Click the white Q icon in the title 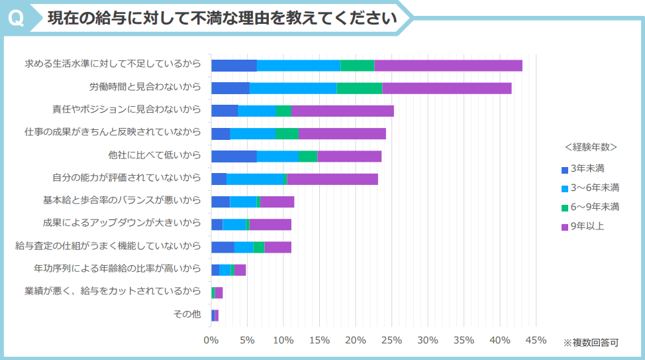click(17, 18)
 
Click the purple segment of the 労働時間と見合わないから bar click(447, 88)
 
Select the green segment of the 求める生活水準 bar click(358, 65)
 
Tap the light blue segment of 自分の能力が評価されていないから click(255, 179)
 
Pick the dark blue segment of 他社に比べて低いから click(234, 156)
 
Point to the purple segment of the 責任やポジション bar click(342, 111)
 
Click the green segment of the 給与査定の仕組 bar click(259, 247)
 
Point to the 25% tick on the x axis click(391, 340)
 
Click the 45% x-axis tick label click(536, 340)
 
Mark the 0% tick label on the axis click(211, 340)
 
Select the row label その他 click(187, 314)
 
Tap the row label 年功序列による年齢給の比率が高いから click(117, 269)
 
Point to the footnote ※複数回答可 click(591, 343)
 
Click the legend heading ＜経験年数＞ click(591, 147)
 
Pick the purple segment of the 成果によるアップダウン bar click(270, 224)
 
